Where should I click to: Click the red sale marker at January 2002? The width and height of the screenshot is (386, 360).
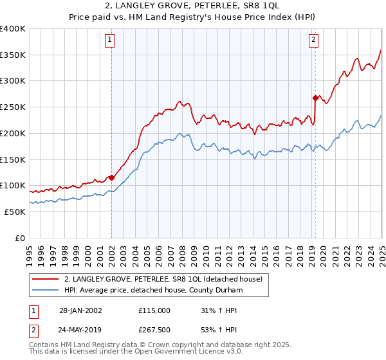click(111, 177)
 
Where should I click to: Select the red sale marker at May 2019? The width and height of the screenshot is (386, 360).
click(315, 98)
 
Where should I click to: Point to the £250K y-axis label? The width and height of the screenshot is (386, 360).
click(13, 107)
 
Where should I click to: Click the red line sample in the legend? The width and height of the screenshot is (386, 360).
click(46, 279)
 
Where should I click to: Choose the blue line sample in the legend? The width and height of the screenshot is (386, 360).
click(46, 290)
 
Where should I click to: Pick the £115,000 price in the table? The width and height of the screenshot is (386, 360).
click(154, 310)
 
